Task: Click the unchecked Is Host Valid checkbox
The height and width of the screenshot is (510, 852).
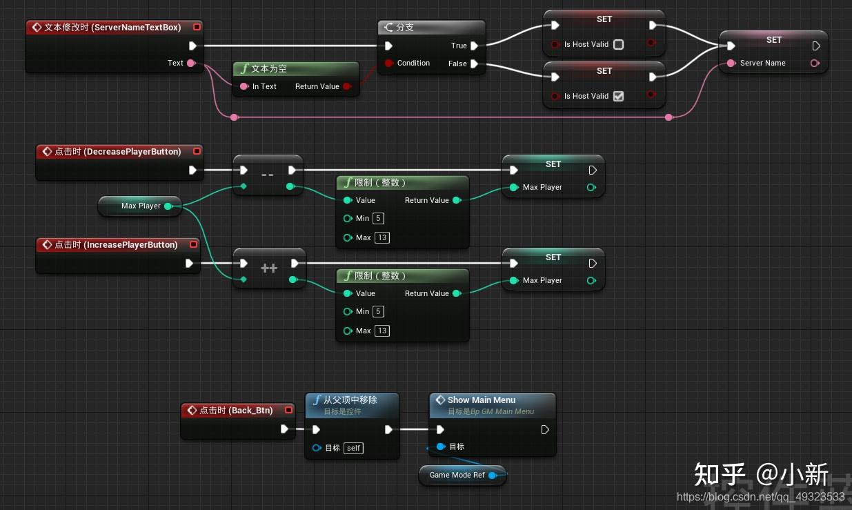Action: pos(618,44)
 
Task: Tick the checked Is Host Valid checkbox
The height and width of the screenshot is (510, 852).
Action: pos(618,96)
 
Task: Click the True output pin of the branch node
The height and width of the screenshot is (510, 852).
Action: pos(475,46)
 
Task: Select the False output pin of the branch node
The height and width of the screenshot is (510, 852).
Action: pos(475,64)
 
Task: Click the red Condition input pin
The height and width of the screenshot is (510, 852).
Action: pos(388,63)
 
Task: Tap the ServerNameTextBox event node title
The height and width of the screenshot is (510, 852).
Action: pos(112,28)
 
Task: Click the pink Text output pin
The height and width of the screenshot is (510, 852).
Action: pos(191,63)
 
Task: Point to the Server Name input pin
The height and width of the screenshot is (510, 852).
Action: pos(731,63)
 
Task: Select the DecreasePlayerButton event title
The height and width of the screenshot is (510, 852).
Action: pos(117,152)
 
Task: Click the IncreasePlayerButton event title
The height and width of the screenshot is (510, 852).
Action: pos(116,245)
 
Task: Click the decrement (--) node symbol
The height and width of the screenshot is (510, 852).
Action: pos(268,175)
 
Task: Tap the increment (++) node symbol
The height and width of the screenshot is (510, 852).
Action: pos(269,268)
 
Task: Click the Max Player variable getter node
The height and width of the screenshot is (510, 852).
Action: pos(140,206)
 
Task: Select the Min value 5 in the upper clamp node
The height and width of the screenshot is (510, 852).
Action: pos(378,219)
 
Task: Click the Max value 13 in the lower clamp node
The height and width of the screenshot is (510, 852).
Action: pos(382,331)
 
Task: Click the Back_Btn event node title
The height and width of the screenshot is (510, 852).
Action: pos(236,411)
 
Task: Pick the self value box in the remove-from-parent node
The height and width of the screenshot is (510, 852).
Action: pos(353,448)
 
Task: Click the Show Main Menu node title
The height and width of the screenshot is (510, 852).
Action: pos(481,400)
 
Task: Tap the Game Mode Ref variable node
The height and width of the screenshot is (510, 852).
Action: pos(457,475)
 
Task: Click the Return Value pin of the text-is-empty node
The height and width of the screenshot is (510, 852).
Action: pos(347,87)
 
